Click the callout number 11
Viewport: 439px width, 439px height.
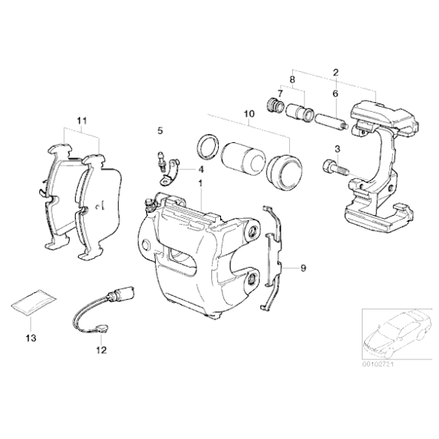(x=82, y=120)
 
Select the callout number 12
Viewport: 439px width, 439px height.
(x=101, y=350)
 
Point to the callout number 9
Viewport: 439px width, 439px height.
(x=303, y=268)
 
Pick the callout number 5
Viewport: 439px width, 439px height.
(x=160, y=131)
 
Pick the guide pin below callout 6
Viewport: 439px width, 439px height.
(x=330, y=121)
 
